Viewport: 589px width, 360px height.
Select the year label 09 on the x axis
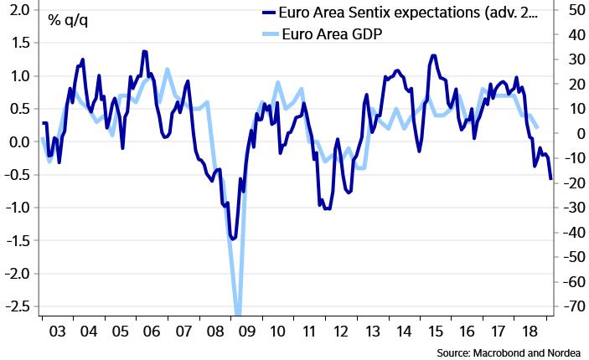click(x=245, y=332)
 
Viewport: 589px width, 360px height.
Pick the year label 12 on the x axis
click(x=340, y=332)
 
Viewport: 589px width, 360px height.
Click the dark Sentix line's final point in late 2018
click(x=550, y=179)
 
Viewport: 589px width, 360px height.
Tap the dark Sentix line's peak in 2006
click(x=144, y=51)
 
